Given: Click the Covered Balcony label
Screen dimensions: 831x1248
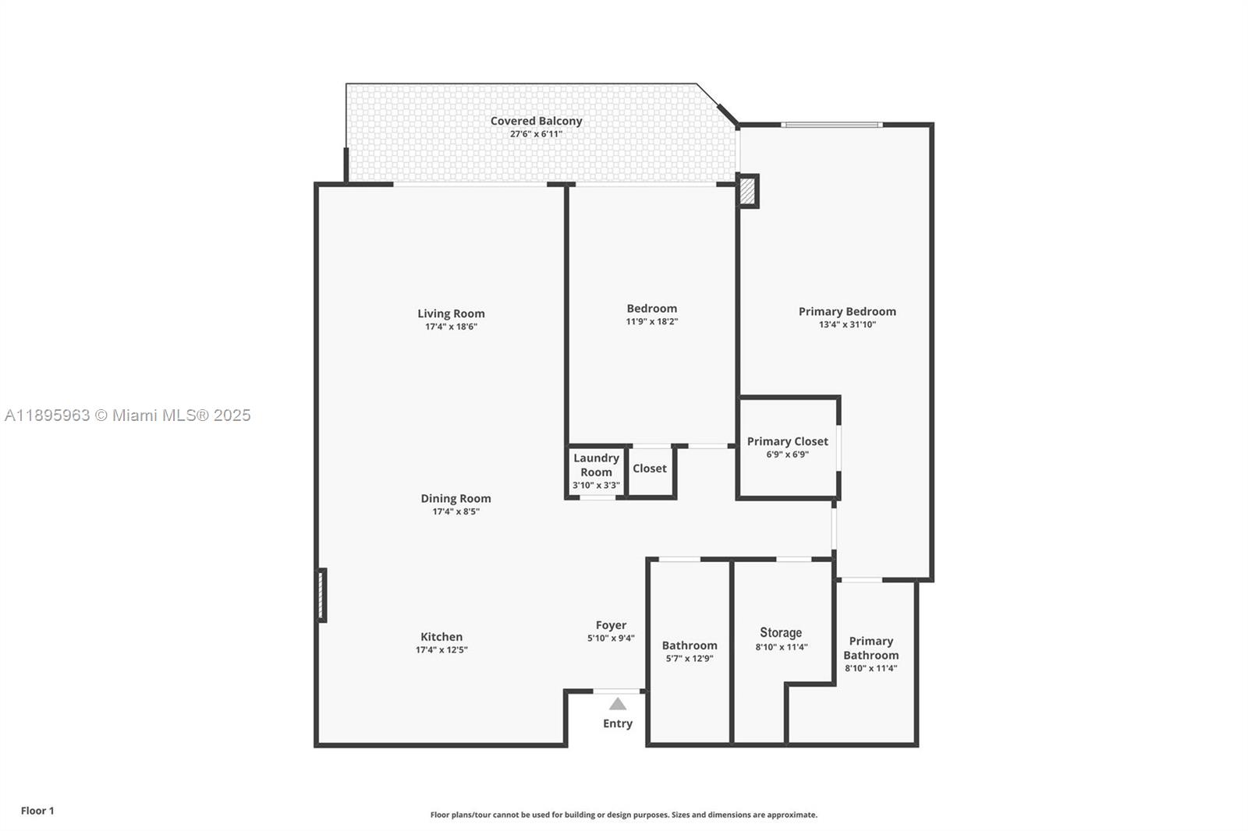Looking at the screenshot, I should point(536,121).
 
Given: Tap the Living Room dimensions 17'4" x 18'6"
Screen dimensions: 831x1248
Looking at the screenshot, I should point(451,327).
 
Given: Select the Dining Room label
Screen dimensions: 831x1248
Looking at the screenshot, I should point(456,498).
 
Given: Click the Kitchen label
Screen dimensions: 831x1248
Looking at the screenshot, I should point(441,636).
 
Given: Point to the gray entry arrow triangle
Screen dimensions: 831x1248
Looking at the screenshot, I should point(617,704).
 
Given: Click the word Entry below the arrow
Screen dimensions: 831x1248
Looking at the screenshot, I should point(617,723).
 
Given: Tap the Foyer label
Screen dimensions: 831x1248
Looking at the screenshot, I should point(611,624).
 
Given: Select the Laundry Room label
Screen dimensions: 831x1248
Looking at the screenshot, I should point(596,465).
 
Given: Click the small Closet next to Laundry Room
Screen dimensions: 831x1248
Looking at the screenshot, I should point(649,468).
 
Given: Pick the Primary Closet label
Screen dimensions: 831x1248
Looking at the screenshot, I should point(787,441).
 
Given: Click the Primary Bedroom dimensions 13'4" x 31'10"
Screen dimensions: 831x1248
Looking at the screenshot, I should point(847,324).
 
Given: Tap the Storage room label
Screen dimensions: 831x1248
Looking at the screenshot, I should point(781,632).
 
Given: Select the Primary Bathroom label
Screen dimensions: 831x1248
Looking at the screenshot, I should point(870,648).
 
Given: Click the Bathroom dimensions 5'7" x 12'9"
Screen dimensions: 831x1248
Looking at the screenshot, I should point(690,659).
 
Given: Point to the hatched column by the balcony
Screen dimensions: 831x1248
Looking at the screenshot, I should point(747,191).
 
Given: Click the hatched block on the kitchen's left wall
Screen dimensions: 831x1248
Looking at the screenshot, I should point(321,595).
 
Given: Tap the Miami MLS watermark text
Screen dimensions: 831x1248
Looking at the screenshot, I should point(128,415).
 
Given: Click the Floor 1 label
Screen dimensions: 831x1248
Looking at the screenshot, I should point(37,811).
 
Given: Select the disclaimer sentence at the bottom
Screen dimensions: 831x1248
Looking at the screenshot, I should point(623,815).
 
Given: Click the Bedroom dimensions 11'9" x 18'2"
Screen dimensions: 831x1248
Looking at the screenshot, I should point(651,321).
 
